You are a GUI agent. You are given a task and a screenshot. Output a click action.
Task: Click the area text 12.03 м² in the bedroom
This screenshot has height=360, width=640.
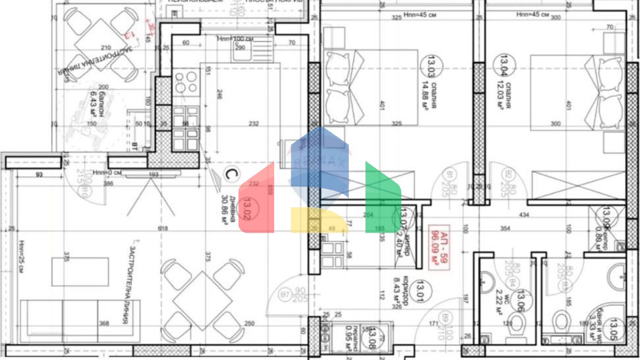(500, 95)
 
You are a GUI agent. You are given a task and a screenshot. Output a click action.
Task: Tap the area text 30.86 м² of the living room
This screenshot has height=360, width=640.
(225, 210)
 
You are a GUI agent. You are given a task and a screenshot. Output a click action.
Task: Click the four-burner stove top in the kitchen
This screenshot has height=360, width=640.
(186, 82)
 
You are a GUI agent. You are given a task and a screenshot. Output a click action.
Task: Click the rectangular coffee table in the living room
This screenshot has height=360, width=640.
(80, 272)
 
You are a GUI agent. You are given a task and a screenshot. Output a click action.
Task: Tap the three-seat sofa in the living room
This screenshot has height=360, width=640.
(80, 317)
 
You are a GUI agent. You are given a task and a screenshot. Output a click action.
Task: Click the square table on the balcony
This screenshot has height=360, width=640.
(101, 45)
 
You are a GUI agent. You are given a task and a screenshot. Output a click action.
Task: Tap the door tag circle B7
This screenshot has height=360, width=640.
(285, 295)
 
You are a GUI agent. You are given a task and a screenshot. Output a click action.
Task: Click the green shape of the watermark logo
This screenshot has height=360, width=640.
(382, 200)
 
